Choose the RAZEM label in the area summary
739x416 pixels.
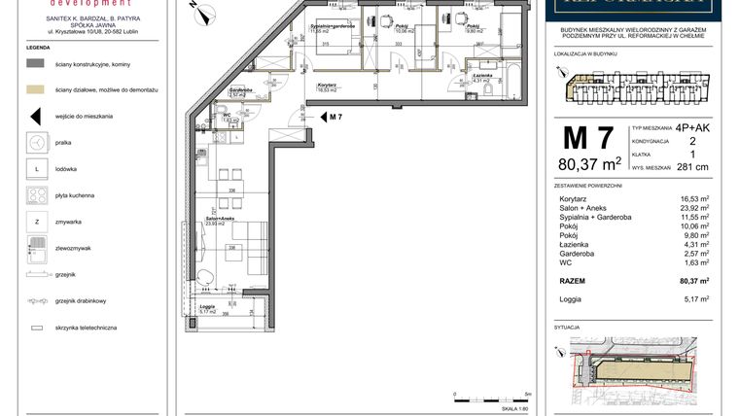tap(572, 281)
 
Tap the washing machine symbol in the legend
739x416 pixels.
tap(35, 142)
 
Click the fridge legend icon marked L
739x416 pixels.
tap(35, 169)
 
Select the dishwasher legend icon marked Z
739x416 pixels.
tap(35, 222)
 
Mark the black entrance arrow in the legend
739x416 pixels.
tap(35, 116)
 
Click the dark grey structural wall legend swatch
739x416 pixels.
tap(35, 63)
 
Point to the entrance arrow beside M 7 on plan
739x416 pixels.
tap(323, 117)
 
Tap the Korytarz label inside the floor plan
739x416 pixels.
tap(327, 85)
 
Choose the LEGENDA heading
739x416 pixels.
tap(38, 47)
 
